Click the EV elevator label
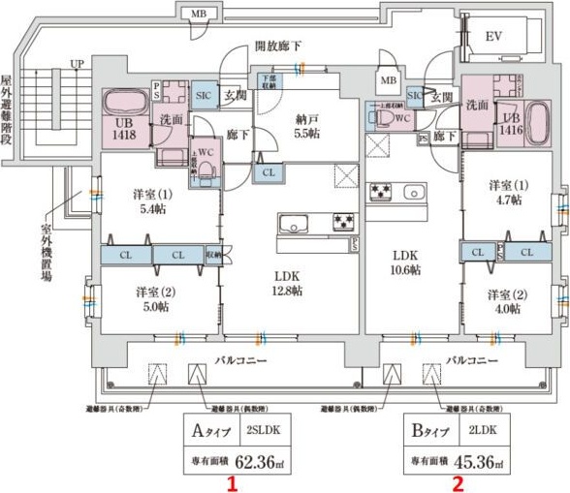click(492, 36)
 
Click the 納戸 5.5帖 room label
click(308, 128)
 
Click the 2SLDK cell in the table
click(261, 427)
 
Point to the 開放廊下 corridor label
click(279, 45)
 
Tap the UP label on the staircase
click(76, 65)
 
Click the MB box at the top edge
click(199, 14)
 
